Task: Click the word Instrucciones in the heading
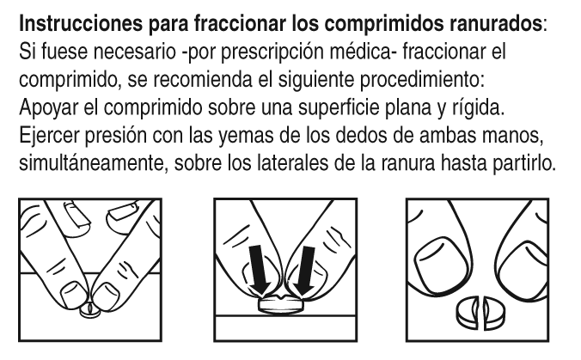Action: coord(81,24)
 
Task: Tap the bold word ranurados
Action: coord(496,24)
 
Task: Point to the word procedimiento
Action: coord(422,80)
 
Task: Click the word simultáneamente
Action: coord(91,163)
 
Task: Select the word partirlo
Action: coord(524,163)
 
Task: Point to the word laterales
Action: coord(291,163)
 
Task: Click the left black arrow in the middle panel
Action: coord(260,270)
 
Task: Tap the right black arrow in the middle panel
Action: coord(306,271)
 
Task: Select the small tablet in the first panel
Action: coord(90,311)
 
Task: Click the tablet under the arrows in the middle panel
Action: coord(280,304)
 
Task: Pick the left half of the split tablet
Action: coord(468,312)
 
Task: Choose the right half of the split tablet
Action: coord(493,314)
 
